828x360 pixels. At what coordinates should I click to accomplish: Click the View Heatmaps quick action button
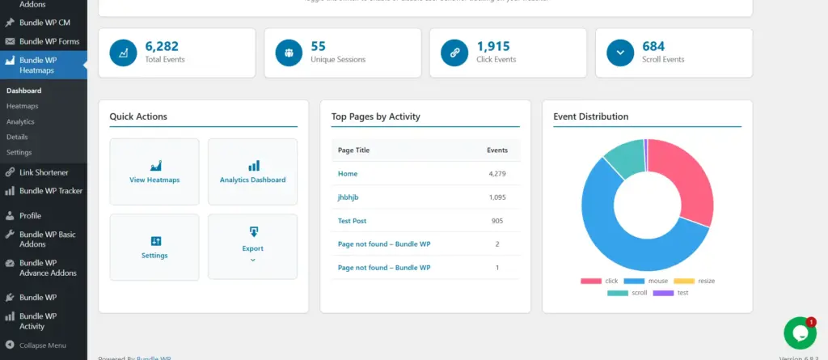pyautogui.click(x=154, y=172)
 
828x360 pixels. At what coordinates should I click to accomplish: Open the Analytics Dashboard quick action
pyautogui.click(x=252, y=172)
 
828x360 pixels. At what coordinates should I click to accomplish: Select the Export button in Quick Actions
pyautogui.click(x=252, y=247)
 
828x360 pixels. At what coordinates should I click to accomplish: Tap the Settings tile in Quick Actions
pyautogui.click(x=154, y=247)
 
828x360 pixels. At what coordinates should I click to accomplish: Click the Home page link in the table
pyautogui.click(x=348, y=174)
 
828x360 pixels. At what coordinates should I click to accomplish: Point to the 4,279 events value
pyautogui.click(x=496, y=174)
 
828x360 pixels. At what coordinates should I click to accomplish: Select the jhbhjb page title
pyautogui.click(x=349, y=197)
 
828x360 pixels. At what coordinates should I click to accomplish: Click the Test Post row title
pyautogui.click(x=352, y=221)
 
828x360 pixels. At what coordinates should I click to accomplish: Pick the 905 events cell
pyautogui.click(x=496, y=221)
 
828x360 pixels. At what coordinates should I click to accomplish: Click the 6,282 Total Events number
pyautogui.click(x=162, y=46)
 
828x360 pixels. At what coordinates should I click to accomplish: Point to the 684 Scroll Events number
pyautogui.click(x=653, y=46)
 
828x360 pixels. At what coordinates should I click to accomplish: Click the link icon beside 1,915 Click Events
pyautogui.click(x=454, y=53)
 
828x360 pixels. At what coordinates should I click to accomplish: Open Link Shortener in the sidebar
pyautogui.click(x=44, y=172)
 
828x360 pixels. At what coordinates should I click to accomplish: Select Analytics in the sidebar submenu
pyautogui.click(x=20, y=121)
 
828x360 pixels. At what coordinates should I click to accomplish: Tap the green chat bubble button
pyautogui.click(x=799, y=333)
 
